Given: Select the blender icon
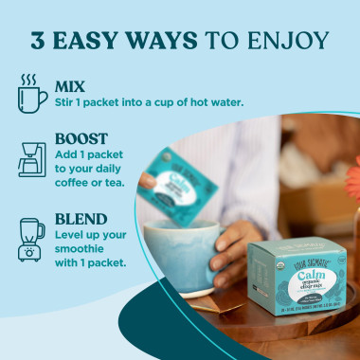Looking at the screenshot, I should click(x=31, y=240).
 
